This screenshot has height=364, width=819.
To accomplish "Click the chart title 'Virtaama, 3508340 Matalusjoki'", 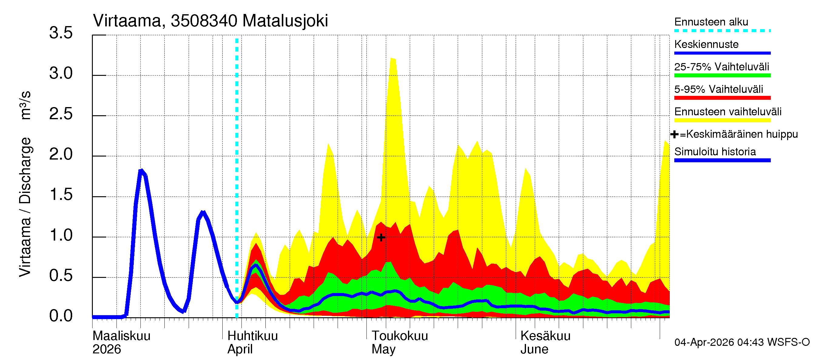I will (x=210, y=21).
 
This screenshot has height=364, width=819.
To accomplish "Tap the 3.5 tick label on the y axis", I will (x=61, y=33).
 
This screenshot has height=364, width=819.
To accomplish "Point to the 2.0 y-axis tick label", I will (x=61, y=154).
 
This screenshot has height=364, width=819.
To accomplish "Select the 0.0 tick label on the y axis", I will (x=61, y=316).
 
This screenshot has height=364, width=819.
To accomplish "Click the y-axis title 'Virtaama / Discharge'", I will (x=25, y=207).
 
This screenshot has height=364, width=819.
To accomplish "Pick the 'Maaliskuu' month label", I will (x=121, y=336).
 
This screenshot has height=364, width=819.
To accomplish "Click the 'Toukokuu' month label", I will (x=400, y=336).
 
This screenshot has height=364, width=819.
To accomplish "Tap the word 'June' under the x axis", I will (x=534, y=349).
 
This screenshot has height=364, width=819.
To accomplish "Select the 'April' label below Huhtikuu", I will (x=240, y=349).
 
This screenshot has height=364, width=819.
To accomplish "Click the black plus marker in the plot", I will (x=381, y=238).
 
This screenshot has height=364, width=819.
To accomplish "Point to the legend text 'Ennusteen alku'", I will (x=711, y=22).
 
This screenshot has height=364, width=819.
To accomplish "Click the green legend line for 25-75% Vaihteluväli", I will (x=722, y=75).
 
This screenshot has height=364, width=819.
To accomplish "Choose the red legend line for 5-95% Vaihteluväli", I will (x=722, y=98).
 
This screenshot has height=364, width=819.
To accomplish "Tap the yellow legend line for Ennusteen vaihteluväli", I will (x=722, y=120).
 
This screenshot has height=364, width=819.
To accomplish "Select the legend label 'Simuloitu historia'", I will (x=715, y=152).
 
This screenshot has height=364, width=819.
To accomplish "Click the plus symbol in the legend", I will (x=674, y=134).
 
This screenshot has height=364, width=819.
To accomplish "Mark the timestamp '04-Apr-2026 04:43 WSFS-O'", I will (x=742, y=342).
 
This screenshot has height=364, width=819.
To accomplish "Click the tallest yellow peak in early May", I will (x=393, y=59).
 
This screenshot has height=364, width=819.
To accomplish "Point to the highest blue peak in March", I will (x=141, y=171).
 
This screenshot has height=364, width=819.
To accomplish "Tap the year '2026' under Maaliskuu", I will (x=106, y=349).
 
